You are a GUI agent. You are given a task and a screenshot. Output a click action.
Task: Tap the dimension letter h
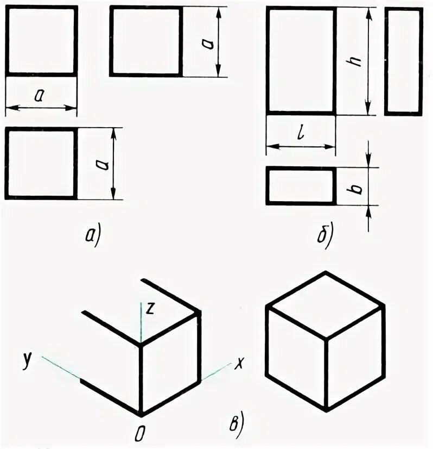coord(356,61)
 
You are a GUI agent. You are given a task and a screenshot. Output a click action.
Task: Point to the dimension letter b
coord(356,188)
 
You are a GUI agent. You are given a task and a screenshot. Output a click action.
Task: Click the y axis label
coord(26,359)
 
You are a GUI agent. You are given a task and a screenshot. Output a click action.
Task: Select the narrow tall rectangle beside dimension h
coord(403,61)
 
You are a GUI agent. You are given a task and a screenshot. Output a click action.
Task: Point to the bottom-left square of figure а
coord(41,164)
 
